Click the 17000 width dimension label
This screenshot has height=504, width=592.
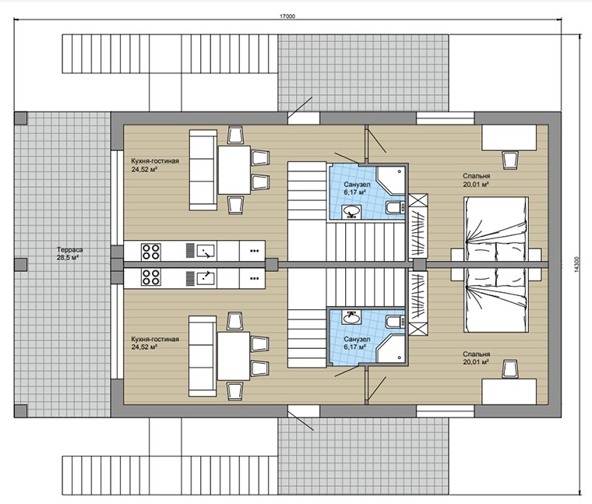[x=287, y=16]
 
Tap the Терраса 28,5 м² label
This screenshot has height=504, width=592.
[x=70, y=254]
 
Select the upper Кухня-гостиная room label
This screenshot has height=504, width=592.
[x=155, y=165]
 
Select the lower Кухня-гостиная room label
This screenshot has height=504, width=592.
[x=155, y=343]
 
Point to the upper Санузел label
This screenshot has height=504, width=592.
[x=357, y=189]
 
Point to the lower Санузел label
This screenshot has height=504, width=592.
[x=357, y=343]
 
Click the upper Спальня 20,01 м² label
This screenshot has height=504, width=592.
[x=477, y=180]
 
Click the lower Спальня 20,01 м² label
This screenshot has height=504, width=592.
[x=477, y=358]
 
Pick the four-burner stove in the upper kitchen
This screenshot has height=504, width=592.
[x=150, y=252]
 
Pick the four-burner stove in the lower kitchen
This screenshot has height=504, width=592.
[x=150, y=277]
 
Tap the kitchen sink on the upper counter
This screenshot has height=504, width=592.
[x=206, y=251]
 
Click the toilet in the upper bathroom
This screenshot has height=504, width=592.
[x=395, y=208]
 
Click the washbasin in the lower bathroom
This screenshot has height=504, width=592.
[x=351, y=317]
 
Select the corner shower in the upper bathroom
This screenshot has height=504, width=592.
[x=390, y=181]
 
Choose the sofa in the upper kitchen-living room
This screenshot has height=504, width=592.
[x=203, y=170]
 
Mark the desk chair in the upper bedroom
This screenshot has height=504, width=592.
[x=509, y=159]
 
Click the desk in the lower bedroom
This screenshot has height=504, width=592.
[x=509, y=392]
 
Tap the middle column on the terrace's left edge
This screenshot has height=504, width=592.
[x=20, y=264]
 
